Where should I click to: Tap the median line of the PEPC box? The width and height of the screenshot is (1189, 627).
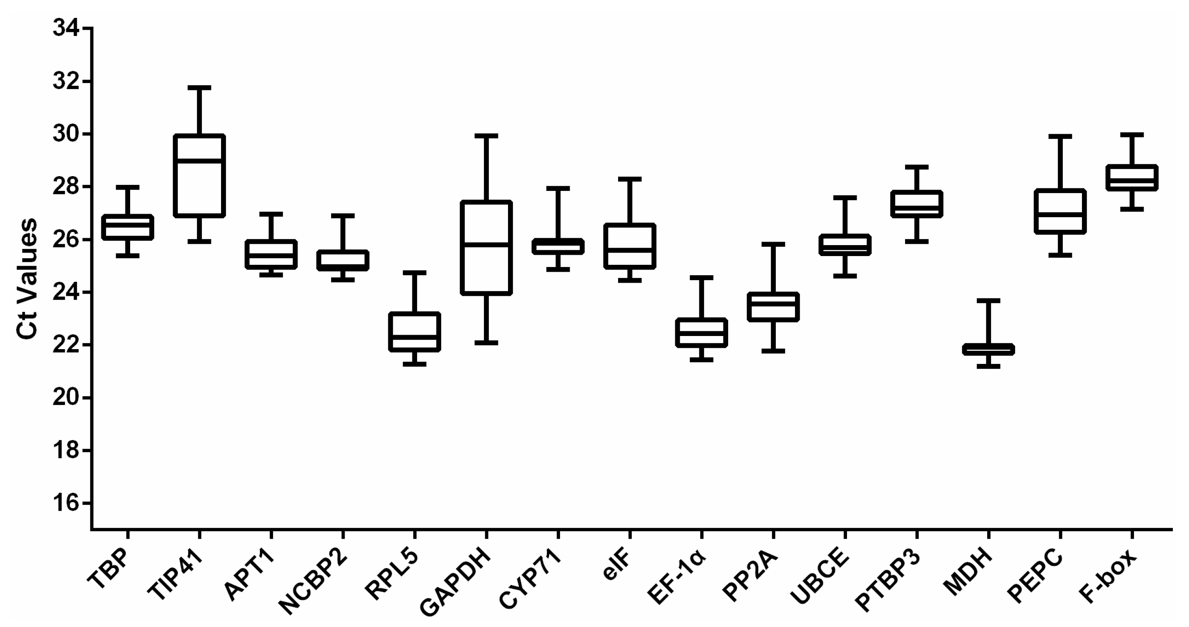1060,214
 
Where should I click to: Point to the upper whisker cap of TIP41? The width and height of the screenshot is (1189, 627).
199,87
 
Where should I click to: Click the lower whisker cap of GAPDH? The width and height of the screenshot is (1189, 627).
486,343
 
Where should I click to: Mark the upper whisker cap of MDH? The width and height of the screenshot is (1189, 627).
988,301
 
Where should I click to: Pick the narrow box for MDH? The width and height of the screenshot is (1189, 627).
988,349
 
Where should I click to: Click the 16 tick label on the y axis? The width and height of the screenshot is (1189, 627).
67,503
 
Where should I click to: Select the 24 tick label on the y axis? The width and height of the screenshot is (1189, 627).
67,292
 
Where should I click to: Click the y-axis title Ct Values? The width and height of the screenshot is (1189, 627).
26,279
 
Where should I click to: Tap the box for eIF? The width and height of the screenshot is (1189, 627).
629,246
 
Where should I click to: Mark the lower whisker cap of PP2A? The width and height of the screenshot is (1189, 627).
773,351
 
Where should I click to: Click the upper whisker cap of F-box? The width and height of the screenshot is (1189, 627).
1132,135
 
